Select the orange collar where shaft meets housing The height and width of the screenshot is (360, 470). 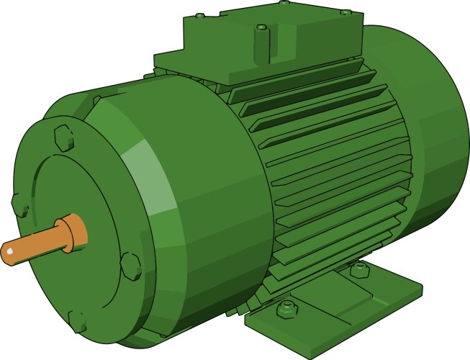(x=75, y=232)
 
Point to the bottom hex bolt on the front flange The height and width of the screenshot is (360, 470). (x=78, y=319)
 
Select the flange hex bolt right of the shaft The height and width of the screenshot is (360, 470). (x=130, y=264)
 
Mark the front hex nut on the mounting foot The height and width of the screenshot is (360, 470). (x=286, y=310)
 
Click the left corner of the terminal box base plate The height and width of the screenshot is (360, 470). (x=155, y=61)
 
